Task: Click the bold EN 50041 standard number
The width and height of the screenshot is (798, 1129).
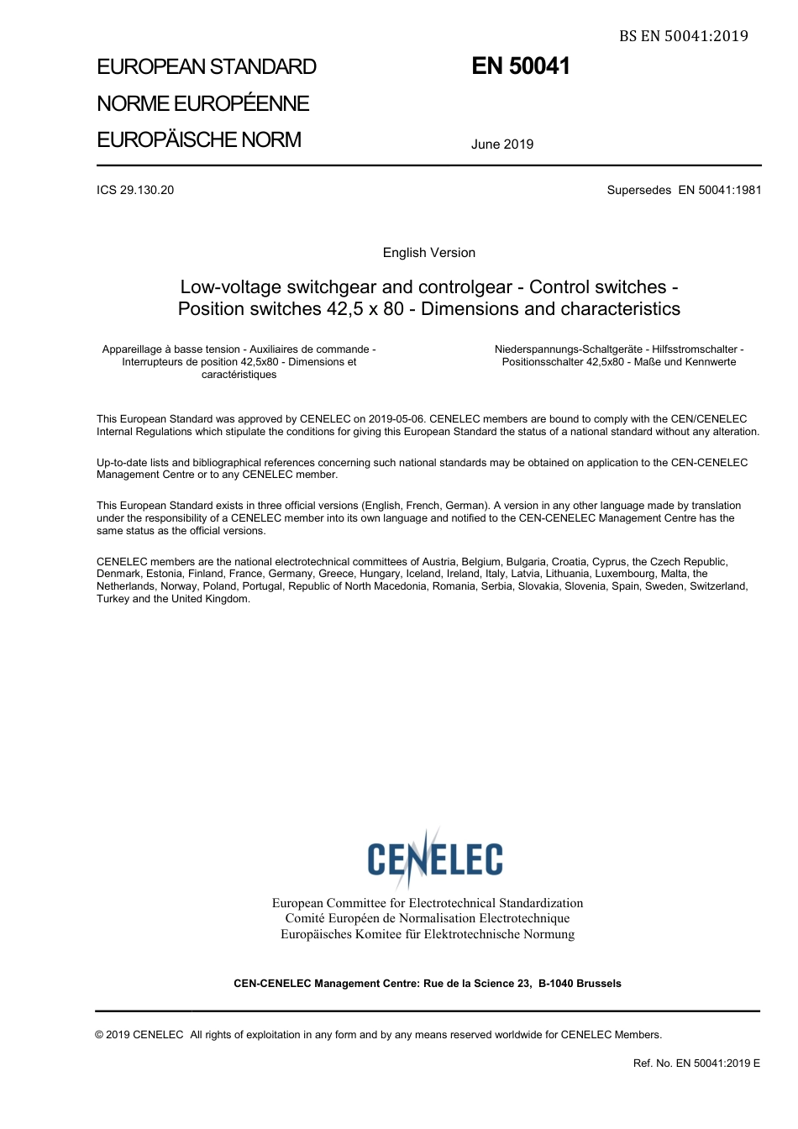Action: pos(521,66)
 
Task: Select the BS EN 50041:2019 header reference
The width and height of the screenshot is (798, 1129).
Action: pos(683,35)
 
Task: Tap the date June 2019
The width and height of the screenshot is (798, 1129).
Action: pos(502,144)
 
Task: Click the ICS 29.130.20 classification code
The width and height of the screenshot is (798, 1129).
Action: pos(135,190)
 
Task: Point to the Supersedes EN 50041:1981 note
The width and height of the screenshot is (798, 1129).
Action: pos(684,190)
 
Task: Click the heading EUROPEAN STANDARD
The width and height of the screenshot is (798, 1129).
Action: pos(207,67)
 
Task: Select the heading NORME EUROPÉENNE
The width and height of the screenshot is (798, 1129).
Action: pos(203,103)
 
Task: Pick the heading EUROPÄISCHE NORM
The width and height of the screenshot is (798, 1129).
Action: pos(199,139)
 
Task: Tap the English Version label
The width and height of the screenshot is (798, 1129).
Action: pos(428,253)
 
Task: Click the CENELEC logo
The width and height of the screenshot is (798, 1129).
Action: pos(434,858)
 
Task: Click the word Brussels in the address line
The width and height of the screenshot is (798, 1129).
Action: pos(599,983)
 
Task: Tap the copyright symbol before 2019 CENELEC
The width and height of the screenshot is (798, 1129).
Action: pos(100,1035)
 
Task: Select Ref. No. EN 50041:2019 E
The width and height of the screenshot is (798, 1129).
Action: pos(696,1063)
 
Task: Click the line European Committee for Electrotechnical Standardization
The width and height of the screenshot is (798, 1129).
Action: pos(427,903)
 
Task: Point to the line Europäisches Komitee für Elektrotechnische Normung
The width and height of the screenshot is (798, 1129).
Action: pos(427,934)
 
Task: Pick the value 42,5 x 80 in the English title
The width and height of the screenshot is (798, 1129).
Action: pos(365,309)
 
